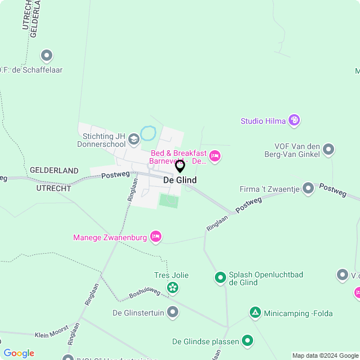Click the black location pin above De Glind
tap(180, 166)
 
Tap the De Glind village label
tap(180, 180)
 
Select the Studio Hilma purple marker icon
tap(294, 120)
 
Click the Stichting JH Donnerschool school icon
tap(133, 138)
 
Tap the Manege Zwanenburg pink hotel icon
tap(156, 237)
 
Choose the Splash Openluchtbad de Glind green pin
tap(220, 277)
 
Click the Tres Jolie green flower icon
tap(172, 289)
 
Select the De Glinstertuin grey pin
tap(173, 312)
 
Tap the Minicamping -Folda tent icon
tap(255, 312)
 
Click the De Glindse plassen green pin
tap(247, 340)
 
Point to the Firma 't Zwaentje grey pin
tap(308, 188)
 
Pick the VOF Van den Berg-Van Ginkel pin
tap(328, 150)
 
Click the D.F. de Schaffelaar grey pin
tap(47, 56)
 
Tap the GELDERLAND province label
tap(54, 170)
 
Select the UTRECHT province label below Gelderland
tap(54, 188)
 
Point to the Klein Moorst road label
tap(51, 331)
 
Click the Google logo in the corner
tap(19, 353)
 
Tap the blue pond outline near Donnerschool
tap(148, 133)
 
